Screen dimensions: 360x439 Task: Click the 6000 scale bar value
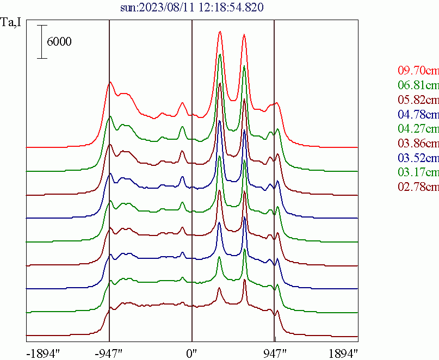click(x=59, y=42)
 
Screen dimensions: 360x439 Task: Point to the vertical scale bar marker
click(x=42, y=41)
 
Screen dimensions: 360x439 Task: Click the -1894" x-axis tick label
click(x=43, y=352)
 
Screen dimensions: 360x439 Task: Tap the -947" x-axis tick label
click(x=111, y=352)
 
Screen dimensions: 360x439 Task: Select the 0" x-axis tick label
click(x=191, y=352)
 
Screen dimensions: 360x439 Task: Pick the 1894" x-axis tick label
click(x=343, y=352)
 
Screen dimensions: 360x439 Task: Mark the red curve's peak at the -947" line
click(x=110, y=82)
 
